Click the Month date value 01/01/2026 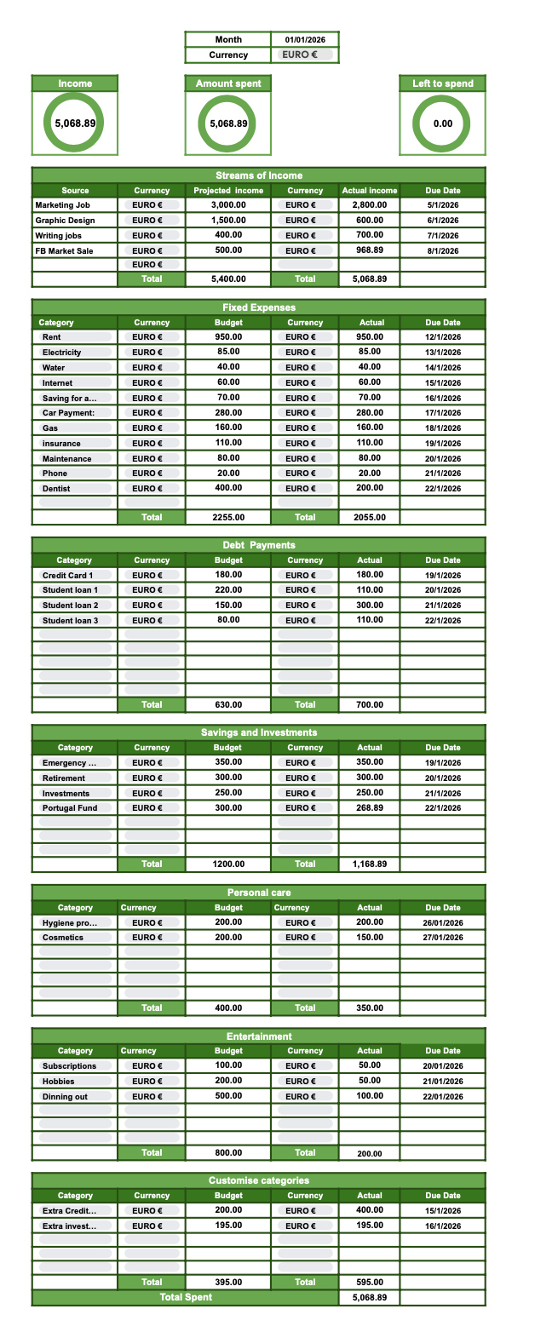click(305, 39)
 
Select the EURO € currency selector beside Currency click(305, 55)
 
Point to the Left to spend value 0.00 click(442, 123)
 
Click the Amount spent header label click(228, 83)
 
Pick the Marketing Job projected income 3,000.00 click(228, 204)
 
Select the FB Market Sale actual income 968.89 click(369, 250)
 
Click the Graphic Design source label click(65, 220)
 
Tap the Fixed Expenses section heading click(258, 307)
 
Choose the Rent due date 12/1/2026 click(443, 337)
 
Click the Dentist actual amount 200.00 click(369, 488)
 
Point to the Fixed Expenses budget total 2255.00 click(228, 517)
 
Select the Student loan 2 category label click(70, 606)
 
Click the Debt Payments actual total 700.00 click(369, 704)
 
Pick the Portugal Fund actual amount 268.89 click(369, 807)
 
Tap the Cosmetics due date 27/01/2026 click(443, 938)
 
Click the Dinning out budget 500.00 click(228, 1096)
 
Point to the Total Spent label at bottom click(186, 1297)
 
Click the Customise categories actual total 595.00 click(369, 1282)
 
